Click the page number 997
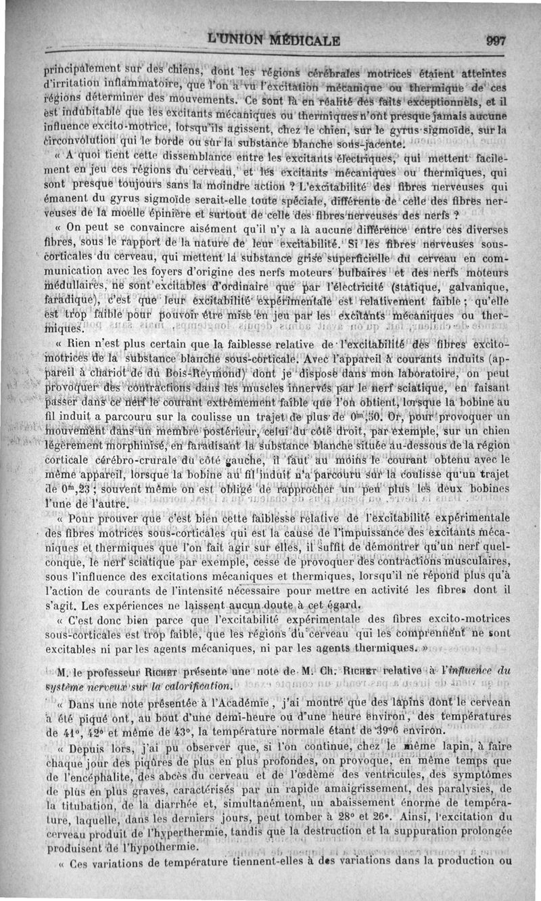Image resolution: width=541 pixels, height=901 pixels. coord(496,41)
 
